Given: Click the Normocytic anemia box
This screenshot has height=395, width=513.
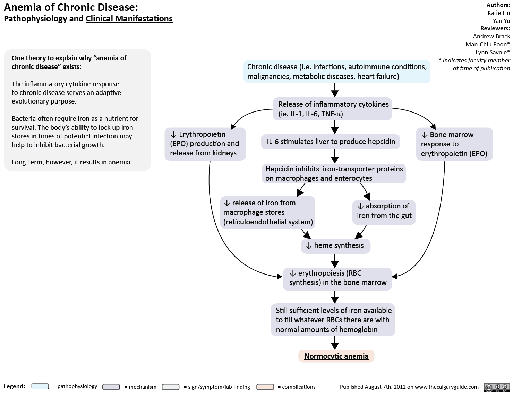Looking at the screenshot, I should (x=336, y=356).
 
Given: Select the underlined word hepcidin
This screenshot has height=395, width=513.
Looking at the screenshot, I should (x=382, y=142).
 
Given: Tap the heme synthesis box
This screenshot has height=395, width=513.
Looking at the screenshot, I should (x=335, y=246).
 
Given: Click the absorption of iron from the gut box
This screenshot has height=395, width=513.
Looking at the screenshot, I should (x=384, y=211).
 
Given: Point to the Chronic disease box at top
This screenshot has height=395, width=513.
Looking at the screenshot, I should (x=336, y=72).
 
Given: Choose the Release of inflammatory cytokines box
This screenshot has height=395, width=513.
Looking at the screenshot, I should (x=333, y=109).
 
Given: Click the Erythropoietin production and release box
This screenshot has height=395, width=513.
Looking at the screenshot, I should (x=205, y=144).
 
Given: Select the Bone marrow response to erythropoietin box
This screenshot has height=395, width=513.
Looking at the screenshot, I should (x=454, y=144).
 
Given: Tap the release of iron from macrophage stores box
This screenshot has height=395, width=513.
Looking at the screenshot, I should (x=267, y=212).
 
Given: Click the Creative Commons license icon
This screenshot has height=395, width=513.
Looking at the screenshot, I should (x=496, y=387).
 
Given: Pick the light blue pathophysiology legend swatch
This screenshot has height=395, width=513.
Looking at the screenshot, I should (x=40, y=387).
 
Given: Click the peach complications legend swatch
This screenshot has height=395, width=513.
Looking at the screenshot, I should (x=265, y=387).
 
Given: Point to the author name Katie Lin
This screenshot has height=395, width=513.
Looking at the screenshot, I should (x=498, y=13).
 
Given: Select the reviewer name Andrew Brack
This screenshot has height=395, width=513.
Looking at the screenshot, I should (x=491, y=36).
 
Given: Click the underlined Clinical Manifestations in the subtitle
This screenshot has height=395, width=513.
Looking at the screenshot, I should (x=129, y=19).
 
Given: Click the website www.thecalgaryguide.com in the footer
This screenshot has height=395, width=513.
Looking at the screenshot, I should (x=446, y=387).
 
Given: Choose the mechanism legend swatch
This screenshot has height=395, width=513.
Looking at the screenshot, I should (x=111, y=387).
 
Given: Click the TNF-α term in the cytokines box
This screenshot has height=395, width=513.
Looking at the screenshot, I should (x=332, y=114).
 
